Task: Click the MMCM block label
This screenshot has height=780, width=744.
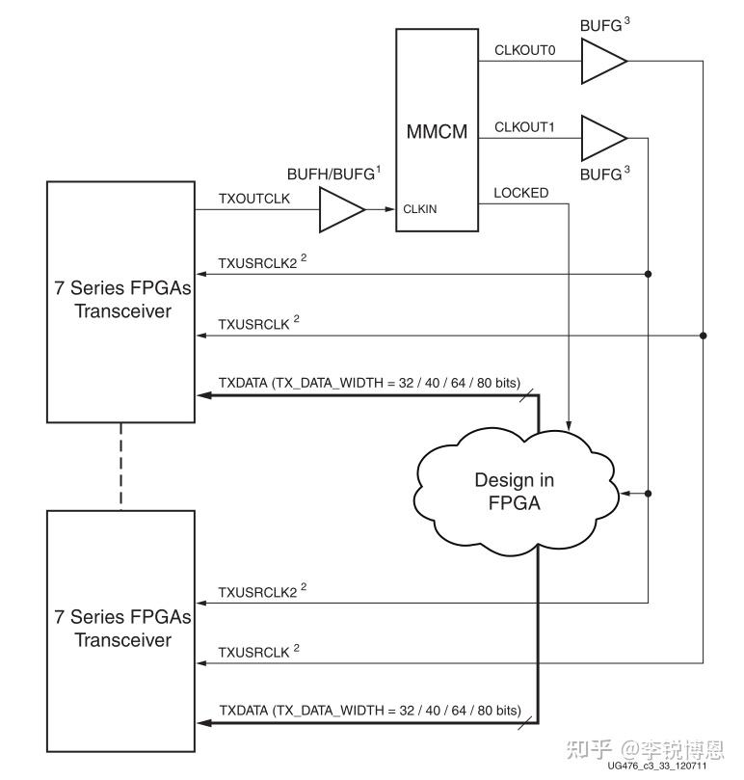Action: click(437, 132)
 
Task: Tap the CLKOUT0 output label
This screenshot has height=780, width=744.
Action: click(524, 50)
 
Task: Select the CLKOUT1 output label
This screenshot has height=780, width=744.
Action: click(524, 127)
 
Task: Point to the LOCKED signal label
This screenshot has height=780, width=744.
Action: click(520, 193)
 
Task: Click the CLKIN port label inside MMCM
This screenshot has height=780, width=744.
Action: click(420, 209)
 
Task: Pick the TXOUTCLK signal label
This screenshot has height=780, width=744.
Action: click(254, 199)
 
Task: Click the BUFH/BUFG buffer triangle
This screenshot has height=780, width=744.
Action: click(342, 210)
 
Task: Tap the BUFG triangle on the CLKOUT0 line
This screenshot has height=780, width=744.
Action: click(603, 61)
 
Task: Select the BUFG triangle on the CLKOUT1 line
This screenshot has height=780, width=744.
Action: click(603, 138)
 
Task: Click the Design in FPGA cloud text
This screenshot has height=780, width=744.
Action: click(515, 492)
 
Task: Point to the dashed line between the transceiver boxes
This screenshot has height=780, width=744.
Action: click(120, 467)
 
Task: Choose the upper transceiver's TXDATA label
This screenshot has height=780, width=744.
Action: click(369, 383)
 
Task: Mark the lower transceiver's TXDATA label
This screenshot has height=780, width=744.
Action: click(370, 711)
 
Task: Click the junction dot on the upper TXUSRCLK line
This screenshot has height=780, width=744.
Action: click(703, 336)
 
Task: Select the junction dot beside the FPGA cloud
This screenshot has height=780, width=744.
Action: click(648, 494)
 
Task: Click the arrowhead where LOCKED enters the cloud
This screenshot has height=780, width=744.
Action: click(569, 426)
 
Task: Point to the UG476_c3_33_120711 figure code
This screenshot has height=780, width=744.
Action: click(656, 766)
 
